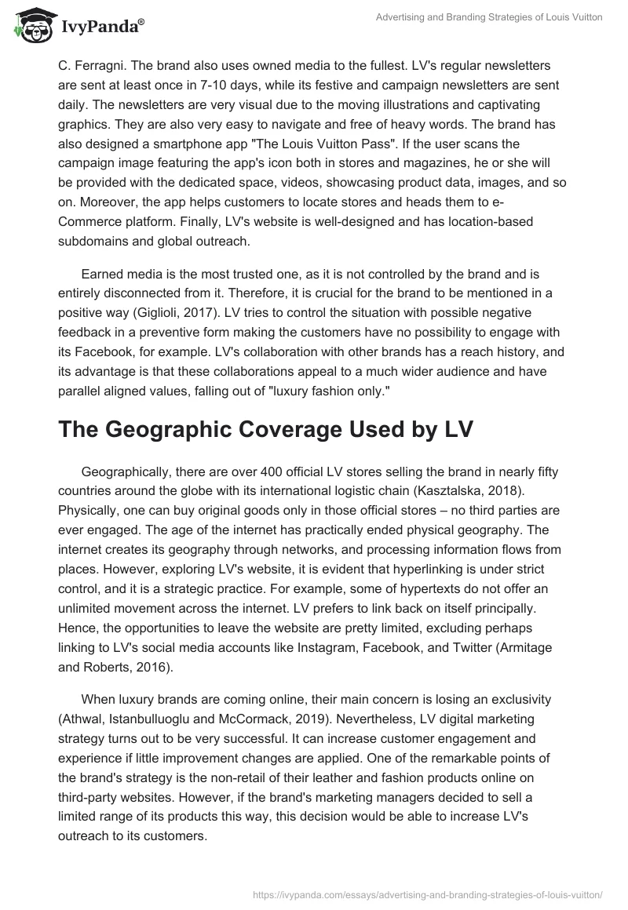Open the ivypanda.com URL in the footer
tap(427, 892)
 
